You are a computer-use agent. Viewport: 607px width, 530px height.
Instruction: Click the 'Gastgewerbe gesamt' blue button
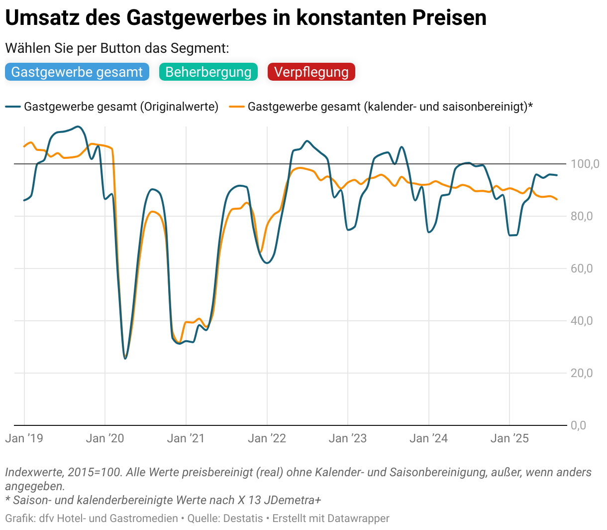(x=77, y=72)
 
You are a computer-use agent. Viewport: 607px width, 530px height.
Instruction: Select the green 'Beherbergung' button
(x=208, y=72)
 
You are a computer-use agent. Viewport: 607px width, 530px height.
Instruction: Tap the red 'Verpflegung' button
(x=311, y=72)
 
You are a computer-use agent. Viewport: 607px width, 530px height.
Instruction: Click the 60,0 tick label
(x=582, y=268)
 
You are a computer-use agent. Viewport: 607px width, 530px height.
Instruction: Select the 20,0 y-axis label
(x=582, y=373)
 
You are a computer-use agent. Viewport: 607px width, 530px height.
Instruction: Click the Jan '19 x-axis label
(x=24, y=438)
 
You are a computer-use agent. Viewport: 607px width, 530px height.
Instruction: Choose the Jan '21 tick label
(x=186, y=438)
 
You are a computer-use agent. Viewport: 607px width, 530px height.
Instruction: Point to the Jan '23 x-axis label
(x=347, y=438)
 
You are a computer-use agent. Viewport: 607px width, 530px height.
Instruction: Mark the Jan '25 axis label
(x=509, y=438)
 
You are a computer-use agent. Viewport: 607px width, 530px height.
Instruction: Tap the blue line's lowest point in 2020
(x=125, y=358)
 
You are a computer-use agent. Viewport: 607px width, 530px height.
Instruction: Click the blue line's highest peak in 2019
(x=78, y=127)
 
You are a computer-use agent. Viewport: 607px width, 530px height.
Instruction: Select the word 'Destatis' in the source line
(x=243, y=519)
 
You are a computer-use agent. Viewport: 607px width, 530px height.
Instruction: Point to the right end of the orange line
(x=557, y=199)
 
